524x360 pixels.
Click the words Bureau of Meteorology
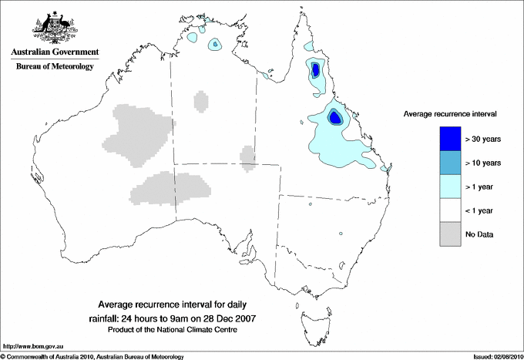pyautogui.click(x=55, y=66)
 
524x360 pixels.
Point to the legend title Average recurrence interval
pyautogui.click(x=449, y=113)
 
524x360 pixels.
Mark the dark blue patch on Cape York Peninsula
pyautogui.click(x=315, y=71)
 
